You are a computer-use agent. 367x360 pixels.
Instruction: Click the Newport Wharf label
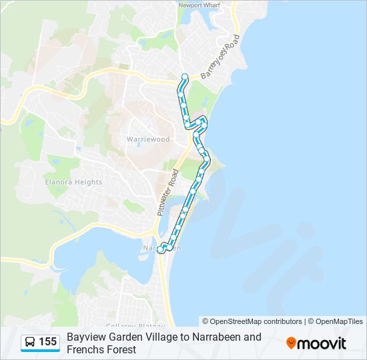[198, 5]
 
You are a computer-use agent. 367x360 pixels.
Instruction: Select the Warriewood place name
[148, 139]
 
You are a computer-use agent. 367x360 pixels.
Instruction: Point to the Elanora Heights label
[73, 182]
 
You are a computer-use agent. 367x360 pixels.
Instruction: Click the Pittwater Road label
[167, 193]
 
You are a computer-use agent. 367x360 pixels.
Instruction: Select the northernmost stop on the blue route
[185, 75]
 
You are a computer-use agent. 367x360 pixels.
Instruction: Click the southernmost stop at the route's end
[159, 251]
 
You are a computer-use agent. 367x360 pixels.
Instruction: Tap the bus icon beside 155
[30, 342]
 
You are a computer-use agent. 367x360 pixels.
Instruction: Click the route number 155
[48, 342]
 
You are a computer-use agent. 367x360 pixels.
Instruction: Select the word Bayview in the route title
[85, 337]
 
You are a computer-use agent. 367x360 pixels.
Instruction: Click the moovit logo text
[323, 343]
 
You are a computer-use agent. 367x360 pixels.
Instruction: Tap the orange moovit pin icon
[292, 343]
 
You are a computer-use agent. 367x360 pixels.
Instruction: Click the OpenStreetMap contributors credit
[252, 321]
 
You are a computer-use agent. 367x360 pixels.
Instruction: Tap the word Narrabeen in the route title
[215, 337]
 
